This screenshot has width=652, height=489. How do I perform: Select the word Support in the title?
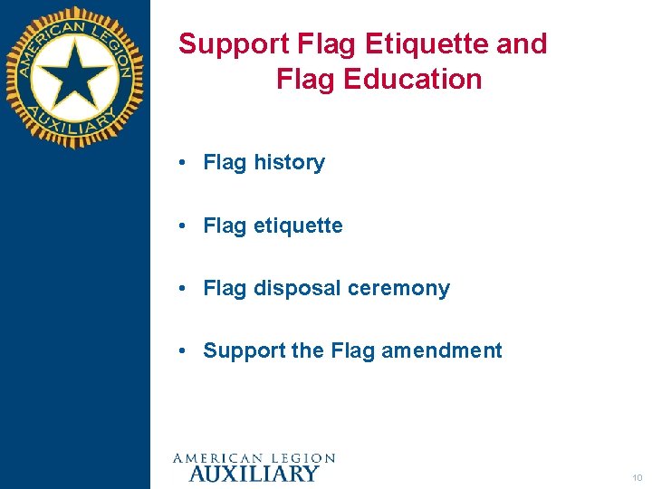pyautogui.click(x=231, y=44)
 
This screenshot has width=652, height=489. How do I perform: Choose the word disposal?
pyautogui.click(x=295, y=288)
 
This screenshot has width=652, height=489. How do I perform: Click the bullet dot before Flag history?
pyautogui.click(x=183, y=163)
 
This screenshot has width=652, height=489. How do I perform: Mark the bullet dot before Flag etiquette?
pyautogui.click(x=183, y=225)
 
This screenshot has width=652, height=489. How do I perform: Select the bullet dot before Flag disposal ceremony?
pyautogui.click(x=183, y=288)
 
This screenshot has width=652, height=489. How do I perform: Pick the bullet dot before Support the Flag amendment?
pyautogui.click(x=183, y=350)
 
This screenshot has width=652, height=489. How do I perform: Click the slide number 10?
pyautogui.click(x=638, y=477)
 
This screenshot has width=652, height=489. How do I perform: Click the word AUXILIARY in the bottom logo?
pyautogui.click(x=254, y=473)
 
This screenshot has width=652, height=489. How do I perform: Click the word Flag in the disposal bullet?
pyautogui.click(x=225, y=288)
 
